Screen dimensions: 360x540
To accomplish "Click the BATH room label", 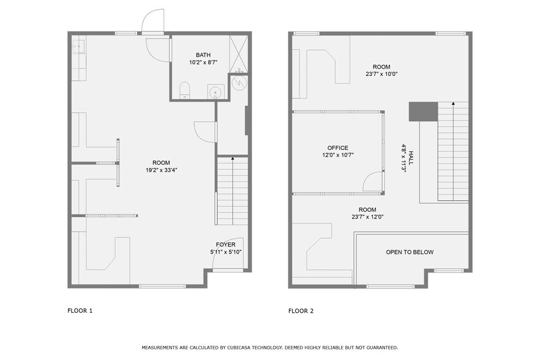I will pyautogui.click(x=203, y=54).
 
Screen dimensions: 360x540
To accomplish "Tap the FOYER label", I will pyautogui.click(x=225, y=244).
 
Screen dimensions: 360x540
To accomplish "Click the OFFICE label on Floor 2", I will pyautogui.click(x=337, y=148).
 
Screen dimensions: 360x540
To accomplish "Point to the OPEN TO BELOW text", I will pyautogui.click(x=410, y=252).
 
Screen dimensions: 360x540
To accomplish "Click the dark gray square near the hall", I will pyautogui.click(x=423, y=111).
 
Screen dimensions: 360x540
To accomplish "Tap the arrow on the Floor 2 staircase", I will pyautogui.click(x=453, y=105).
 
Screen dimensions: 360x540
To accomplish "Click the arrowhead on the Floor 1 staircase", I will pyautogui.click(x=232, y=159).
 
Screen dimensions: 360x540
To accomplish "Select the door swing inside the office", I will pyautogui.click(x=372, y=182).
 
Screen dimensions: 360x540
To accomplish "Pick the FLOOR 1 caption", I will pyautogui.click(x=80, y=311).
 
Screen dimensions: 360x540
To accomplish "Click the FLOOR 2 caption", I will pyautogui.click(x=301, y=311).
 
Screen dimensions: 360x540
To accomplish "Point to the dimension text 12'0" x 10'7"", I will pyautogui.click(x=337, y=155).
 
